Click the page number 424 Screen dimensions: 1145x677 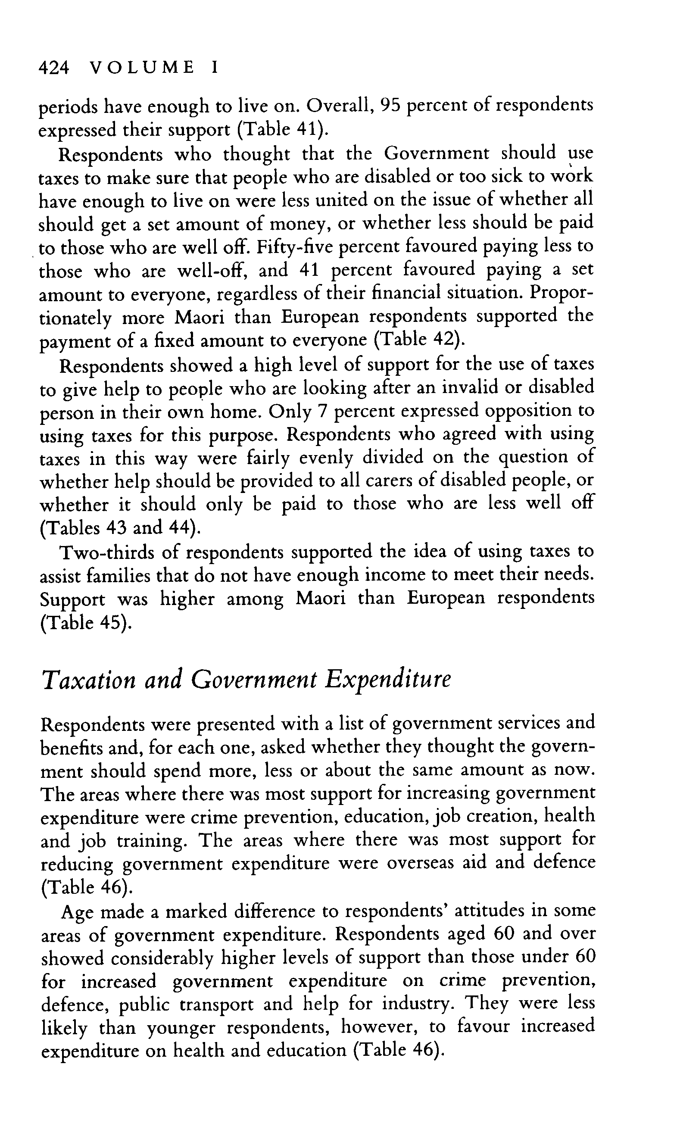coord(54,68)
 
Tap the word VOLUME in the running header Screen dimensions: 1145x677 coord(142,68)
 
